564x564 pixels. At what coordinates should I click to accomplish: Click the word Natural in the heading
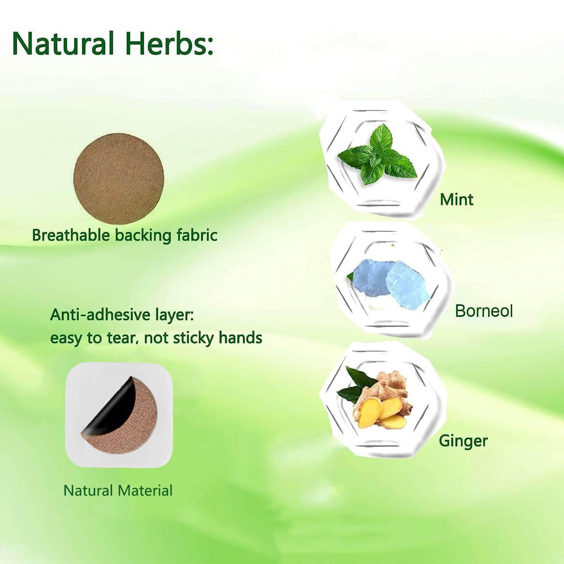click(63, 44)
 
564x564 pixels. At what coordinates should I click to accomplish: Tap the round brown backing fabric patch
click(119, 179)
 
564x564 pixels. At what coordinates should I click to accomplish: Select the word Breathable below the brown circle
click(71, 235)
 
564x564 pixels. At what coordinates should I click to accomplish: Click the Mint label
click(456, 200)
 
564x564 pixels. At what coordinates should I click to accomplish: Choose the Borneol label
click(484, 311)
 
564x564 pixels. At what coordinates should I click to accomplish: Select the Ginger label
click(463, 441)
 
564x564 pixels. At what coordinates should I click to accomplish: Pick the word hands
click(240, 338)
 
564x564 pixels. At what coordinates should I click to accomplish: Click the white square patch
click(119, 415)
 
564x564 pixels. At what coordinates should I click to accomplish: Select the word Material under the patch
click(145, 490)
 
